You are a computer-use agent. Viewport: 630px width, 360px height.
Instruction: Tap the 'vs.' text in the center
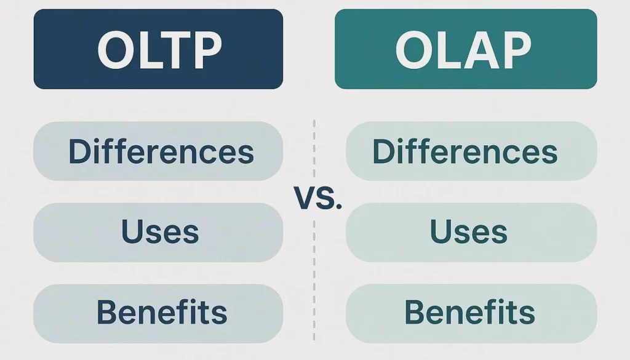point(317,199)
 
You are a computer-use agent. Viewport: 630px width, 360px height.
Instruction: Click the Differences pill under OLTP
point(158,151)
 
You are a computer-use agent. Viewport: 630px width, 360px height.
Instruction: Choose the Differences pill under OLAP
point(471,151)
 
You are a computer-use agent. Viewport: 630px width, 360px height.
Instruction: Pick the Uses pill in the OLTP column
point(158,232)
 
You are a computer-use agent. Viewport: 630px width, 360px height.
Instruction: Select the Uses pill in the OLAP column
point(471,232)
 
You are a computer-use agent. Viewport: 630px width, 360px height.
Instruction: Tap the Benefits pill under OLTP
point(158,312)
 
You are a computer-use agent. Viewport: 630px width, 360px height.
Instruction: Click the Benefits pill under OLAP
point(471,312)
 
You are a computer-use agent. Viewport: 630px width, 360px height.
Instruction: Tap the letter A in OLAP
point(479,50)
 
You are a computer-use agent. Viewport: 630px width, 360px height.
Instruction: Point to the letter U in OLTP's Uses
point(131,232)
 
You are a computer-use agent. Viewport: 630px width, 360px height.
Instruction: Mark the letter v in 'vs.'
point(304,201)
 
